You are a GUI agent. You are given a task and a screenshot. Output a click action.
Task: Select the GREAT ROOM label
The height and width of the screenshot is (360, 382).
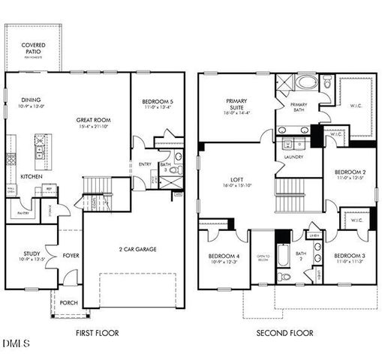point(94,119)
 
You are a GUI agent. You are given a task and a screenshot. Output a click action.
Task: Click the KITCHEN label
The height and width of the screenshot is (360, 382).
point(31,176)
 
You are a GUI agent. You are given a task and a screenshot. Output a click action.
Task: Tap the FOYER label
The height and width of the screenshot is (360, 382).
point(71,254)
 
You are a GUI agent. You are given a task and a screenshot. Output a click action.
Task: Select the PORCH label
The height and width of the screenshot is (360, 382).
point(68,303)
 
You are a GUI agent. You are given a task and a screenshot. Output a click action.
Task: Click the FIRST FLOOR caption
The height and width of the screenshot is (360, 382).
point(97,333)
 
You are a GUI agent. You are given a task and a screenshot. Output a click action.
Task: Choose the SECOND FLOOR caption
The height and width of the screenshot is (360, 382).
point(284,333)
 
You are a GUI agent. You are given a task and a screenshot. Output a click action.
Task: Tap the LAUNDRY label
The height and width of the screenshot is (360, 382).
point(293,157)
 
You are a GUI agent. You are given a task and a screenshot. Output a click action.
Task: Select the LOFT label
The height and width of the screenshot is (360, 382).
point(236,180)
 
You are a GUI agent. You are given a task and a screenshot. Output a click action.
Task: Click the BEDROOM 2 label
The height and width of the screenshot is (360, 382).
point(349,171)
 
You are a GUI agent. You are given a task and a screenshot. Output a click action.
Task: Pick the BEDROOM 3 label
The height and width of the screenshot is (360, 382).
point(349,256)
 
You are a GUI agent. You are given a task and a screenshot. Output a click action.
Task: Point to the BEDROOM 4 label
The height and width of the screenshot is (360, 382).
point(224,256)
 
